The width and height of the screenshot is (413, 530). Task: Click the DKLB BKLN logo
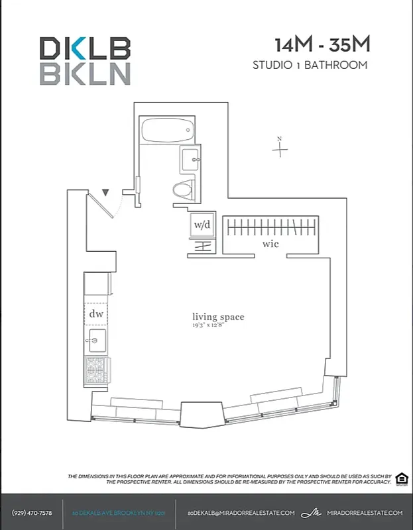(x=85, y=60)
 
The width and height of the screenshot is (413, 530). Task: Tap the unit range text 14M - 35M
(x=322, y=45)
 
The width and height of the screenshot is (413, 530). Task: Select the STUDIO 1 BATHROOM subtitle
(x=310, y=65)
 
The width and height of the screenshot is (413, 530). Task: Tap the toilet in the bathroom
(x=184, y=190)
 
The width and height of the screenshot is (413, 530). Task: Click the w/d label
(x=202, y=225)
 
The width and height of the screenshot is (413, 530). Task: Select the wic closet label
(x=270, y=244)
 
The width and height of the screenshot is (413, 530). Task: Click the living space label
(x=218, y=317)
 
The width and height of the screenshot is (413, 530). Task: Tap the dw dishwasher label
(x=96, y=314)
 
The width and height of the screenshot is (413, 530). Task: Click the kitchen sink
(x=94, y=341)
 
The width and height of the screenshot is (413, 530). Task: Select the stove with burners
(x=95, y=371)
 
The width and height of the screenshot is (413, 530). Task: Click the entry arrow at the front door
(x=105, y=193)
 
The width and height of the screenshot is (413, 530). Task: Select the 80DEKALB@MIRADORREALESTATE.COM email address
(x=241, y=513)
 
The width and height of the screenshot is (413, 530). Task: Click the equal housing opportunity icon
(x=402, y=478)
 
